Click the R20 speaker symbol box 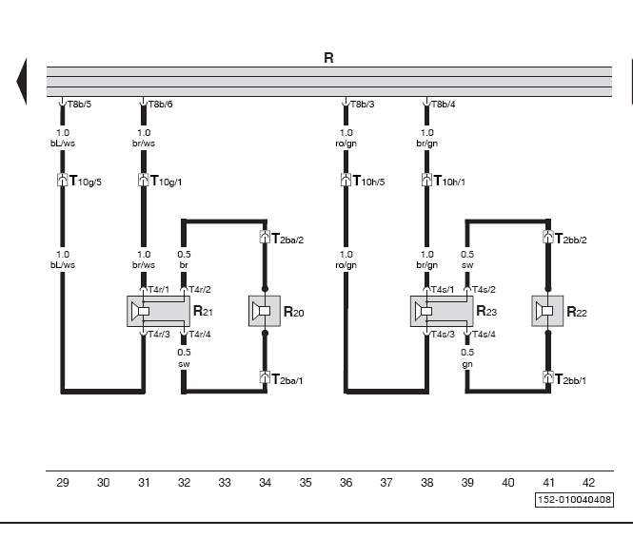pos(265,311)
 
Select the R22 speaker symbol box pos(547,311)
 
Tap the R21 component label pos(203,311)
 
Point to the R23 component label pos(486,311)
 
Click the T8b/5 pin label pos(80,105)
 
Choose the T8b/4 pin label pos(444,105)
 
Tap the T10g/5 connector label pos(85,181)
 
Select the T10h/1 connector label pos(449,181)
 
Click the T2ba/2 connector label pos(287,239)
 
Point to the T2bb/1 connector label pos(570,379)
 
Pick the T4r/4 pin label pos(200,334)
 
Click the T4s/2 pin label pos(484,289)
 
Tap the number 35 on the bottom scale pos(306,482)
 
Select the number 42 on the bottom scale pos(588,482)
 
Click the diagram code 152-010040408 pos(574,500)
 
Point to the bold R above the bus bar pos(328,58)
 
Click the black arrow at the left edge pos(22,81)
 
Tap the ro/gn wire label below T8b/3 pos(346,144)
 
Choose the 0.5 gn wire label pos(467,357)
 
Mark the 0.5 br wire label pos(184,259)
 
